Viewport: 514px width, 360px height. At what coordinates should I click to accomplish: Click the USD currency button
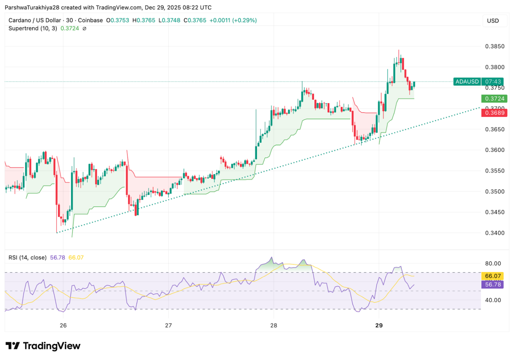[x=493, y=21]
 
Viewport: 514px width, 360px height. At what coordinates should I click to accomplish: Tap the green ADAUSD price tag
[x=467, y=82]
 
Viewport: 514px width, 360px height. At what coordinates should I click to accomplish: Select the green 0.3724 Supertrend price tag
[x=495, y=99]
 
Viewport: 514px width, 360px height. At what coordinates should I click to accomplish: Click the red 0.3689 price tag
[x=495, y=113]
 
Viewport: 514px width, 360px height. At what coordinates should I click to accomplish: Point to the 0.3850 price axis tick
[x=495, y=47]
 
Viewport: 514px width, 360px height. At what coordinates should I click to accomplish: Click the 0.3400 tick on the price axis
[x=495, y=233]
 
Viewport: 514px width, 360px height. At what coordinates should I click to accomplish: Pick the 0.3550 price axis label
[x=495, y=171]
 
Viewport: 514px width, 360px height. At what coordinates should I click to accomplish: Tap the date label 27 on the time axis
[x=168, y=325]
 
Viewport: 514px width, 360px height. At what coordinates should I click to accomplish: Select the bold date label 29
[x=379, y=325]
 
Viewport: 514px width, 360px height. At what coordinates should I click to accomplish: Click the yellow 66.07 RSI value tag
[x=493, y=276]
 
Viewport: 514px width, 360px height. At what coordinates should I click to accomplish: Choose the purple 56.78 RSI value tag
[x=493, y=284]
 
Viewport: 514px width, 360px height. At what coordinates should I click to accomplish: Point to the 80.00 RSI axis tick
[x=493, y=263]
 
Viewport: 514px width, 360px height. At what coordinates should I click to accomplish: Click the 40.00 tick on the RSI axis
[x=493, y=300]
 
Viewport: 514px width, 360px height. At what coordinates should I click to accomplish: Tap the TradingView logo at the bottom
[x=43, y=346]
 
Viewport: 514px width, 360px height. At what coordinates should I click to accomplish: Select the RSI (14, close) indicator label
[x=27, y=258]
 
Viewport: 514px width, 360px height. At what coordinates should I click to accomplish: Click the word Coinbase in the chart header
[x=90, y=20]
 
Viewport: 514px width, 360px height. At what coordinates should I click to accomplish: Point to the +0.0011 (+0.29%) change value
[x=233, y=20]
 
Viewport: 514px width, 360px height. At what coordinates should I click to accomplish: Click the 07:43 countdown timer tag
[x=493, y=82]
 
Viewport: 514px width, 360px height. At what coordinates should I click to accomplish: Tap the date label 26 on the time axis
[x=63, y=325]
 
